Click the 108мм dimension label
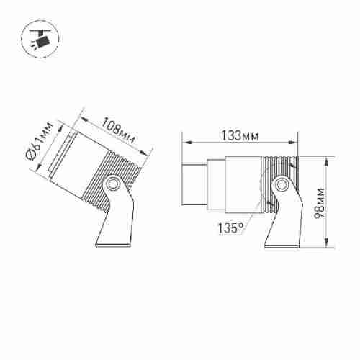point(118,130)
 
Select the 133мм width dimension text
point(240,135)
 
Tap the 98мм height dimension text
point(320,203)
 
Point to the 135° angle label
point(230,228)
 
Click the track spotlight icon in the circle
point(40,39)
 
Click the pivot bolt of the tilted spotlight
point(112,184)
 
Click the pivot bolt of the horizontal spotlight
point(280,184)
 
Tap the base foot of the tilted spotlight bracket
point(113,246)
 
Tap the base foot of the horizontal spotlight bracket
point(282,246)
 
